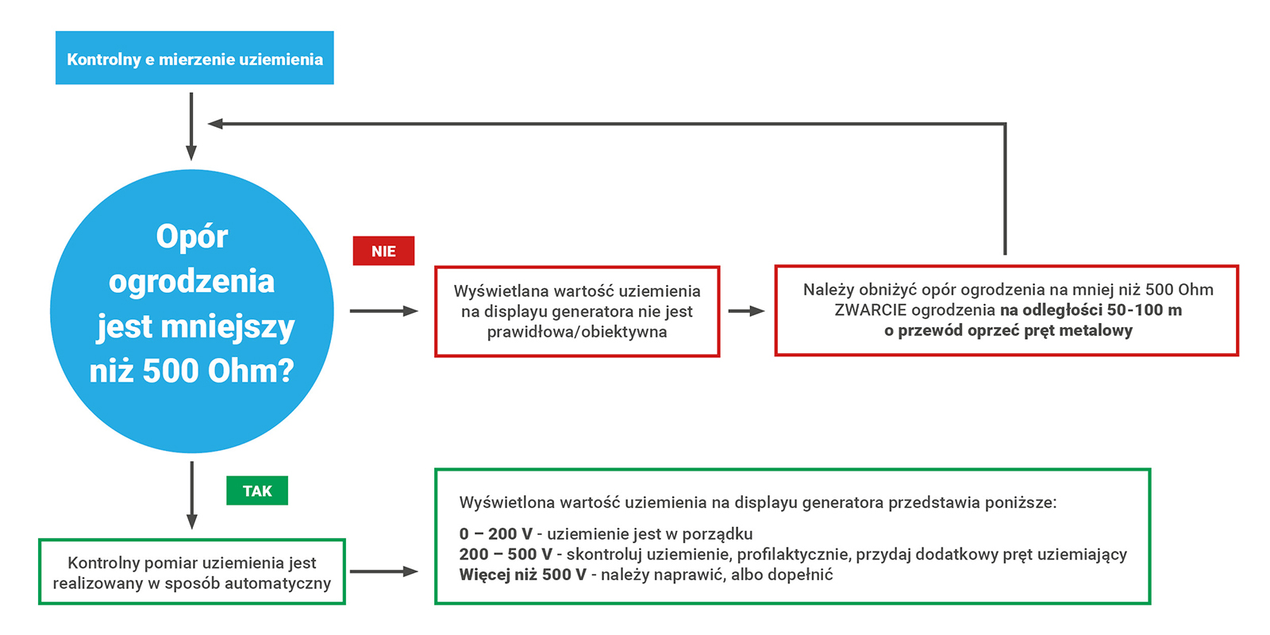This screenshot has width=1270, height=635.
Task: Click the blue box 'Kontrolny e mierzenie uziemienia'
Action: [194, 58]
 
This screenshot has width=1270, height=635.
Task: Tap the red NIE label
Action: [383, 251]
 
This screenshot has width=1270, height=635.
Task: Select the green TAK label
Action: [257, 491]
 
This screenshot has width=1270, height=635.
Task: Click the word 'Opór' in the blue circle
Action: [191, 237]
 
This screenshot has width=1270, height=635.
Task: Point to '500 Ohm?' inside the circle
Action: [218, 371]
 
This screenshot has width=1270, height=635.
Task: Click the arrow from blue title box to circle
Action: [191, 126]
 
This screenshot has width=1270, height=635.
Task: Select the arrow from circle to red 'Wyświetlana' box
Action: [384, 310]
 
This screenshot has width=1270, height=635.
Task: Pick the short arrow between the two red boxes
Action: [746, 310]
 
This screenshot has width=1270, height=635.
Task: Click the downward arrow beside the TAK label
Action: [191, 495]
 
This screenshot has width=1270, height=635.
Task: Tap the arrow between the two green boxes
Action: [384, 571]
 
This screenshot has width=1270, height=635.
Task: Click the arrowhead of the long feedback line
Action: [215, 124]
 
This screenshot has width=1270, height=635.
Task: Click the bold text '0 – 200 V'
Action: [495, 533]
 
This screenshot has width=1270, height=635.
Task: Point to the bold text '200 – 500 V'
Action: [505, 554]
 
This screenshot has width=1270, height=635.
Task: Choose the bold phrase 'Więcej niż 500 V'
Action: [523, 575]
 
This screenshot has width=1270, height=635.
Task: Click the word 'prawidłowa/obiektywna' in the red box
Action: [576, 332]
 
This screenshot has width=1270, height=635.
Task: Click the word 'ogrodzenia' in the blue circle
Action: [191, 282]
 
